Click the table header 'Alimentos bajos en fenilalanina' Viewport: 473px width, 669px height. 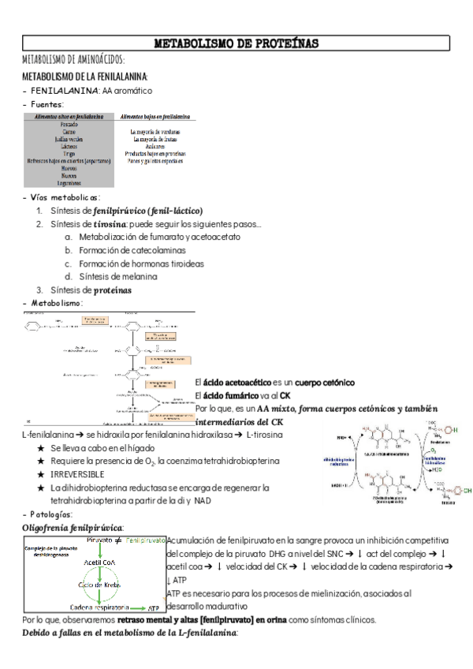154,116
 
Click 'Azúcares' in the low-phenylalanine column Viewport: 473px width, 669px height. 154,146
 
